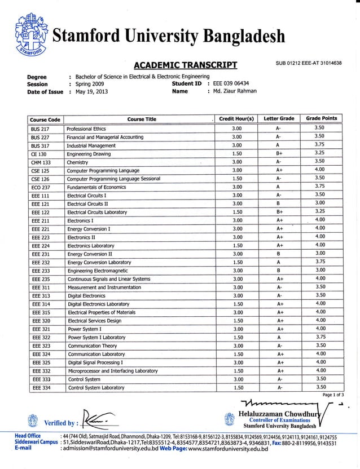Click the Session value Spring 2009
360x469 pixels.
90,84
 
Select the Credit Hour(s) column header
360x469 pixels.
237,119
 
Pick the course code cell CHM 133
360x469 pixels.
41,162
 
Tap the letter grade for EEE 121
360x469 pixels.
279,203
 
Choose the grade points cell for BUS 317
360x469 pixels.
320,144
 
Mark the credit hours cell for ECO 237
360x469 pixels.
237,187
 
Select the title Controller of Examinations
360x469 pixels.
280,420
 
